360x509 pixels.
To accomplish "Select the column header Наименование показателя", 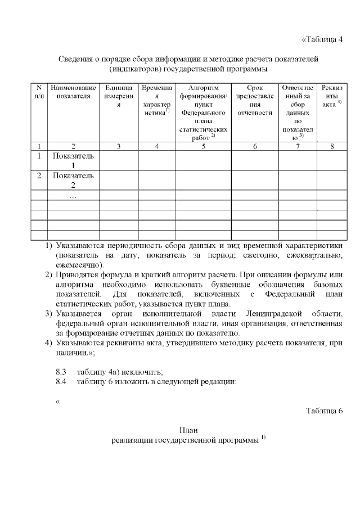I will (x=73, y=92).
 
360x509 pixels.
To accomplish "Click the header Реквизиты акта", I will (x=332, y=96).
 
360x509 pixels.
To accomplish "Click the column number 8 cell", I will (x=332, y=146).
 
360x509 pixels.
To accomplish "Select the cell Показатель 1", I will (x=73, y=160).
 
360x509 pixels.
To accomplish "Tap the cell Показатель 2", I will (x=73, y=180).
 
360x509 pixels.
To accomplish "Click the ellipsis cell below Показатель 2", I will (x=73, y=196).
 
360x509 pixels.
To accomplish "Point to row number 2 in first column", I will (x=39, y=175).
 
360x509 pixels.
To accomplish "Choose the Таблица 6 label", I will (x=324, y=409).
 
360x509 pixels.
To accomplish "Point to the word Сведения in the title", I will (x=78, y=59).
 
